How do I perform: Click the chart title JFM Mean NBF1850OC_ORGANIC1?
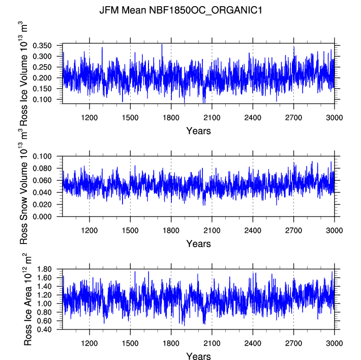[180, 10]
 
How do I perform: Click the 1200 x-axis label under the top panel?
[89, 117]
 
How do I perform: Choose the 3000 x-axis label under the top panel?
[334, 117]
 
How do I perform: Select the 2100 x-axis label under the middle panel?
[212, 230]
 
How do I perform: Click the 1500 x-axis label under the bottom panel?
[130, 343]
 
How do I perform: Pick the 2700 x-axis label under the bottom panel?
[293, 343]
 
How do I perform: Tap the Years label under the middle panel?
[198, 244]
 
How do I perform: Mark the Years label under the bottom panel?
[198, 356]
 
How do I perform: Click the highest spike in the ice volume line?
[162, 44]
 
